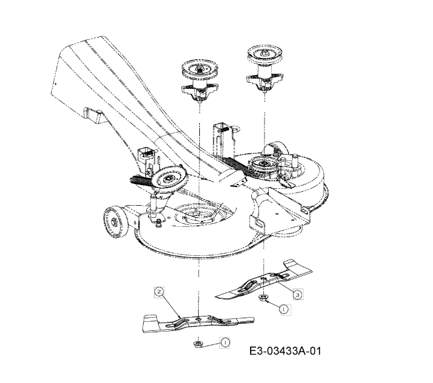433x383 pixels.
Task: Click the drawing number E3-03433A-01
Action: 285,351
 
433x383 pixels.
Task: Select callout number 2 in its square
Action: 159,292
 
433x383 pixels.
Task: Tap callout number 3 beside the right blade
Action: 297,295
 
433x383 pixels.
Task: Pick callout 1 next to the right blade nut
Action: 284,309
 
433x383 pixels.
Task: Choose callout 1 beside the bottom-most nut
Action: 225,342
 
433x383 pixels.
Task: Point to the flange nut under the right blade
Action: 263,298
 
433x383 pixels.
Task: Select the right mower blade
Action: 264,280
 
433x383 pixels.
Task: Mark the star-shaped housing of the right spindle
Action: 265,79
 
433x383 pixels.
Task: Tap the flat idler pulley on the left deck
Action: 169,179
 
